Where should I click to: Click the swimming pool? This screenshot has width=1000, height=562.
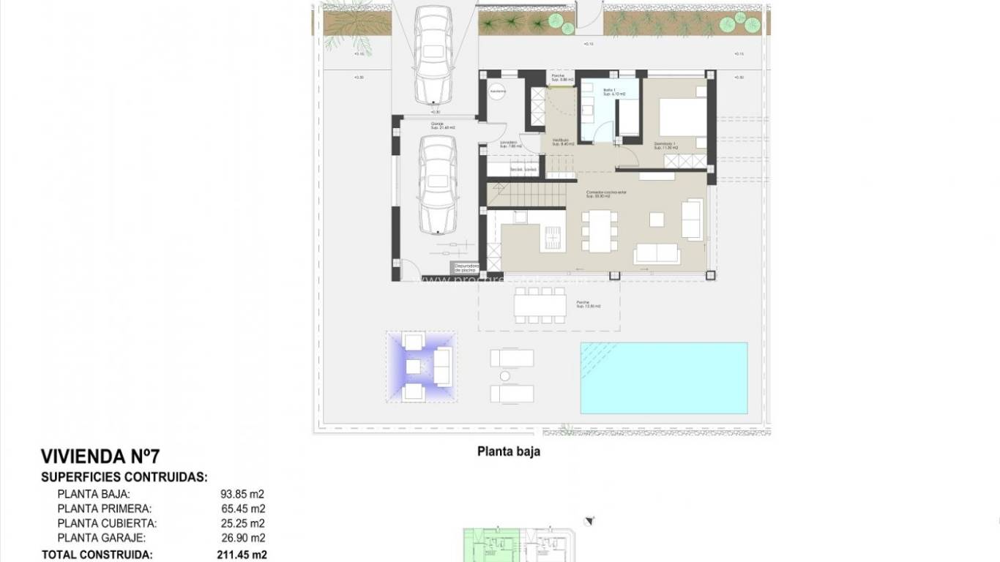664,378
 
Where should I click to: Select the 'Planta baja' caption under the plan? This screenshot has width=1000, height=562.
509,452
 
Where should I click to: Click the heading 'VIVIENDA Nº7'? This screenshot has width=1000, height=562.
100,457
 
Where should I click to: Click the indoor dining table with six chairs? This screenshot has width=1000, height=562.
599,231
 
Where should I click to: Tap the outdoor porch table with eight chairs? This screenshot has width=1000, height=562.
540,304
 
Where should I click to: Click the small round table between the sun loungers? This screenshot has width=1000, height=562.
504,376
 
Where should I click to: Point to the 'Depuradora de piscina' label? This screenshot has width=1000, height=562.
466,269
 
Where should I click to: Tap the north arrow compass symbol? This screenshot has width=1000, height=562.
586,521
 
